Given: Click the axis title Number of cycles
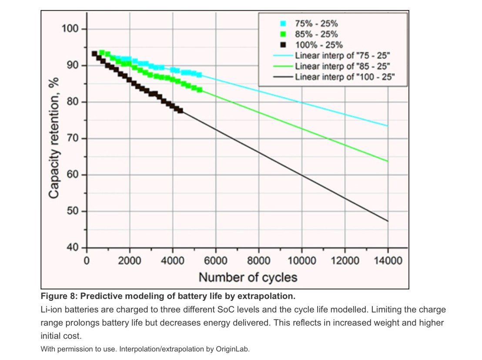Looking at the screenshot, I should [248, 277].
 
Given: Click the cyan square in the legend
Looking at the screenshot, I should [283, 24].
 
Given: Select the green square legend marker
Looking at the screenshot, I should [283, 34].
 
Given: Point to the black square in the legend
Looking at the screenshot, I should [283, 45].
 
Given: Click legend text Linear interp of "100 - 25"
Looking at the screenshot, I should [345, 77].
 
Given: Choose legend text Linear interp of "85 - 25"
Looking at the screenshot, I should [342, 66].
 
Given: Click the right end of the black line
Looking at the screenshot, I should [387, 221].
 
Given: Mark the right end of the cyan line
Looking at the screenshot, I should [387, 126].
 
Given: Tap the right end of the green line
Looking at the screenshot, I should [387, 161].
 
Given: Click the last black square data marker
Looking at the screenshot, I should [180, 110].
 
